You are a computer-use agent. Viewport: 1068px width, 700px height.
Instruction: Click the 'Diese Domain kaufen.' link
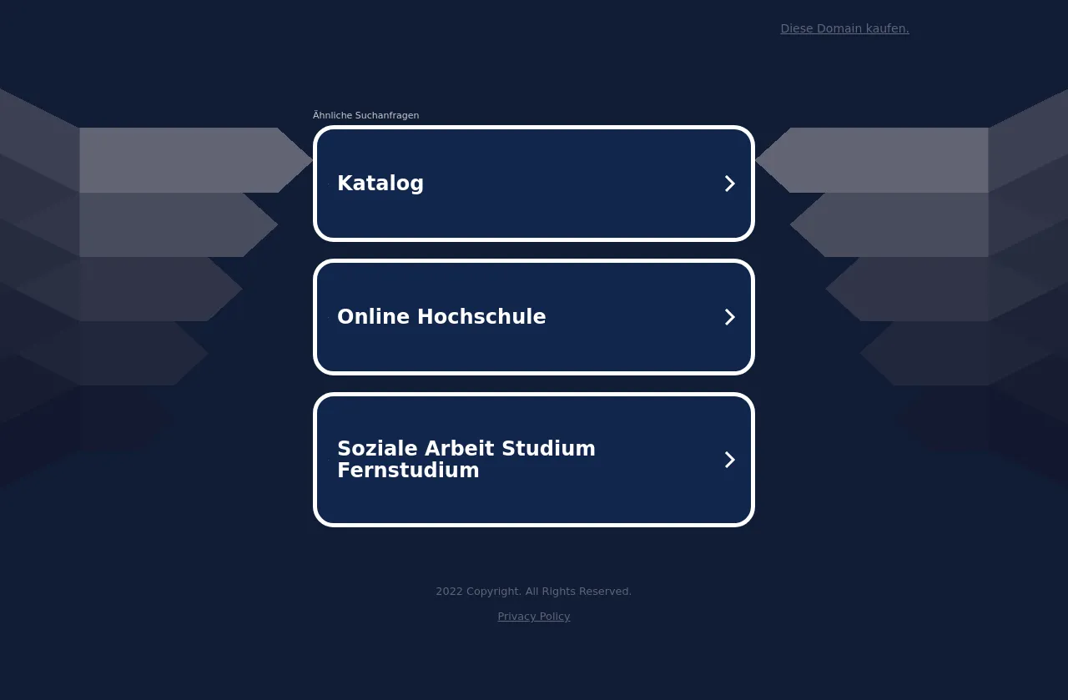(844, 28)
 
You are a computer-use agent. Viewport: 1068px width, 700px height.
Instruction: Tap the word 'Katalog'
(380, 183)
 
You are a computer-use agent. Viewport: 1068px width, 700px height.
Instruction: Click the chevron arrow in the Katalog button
(729, 184)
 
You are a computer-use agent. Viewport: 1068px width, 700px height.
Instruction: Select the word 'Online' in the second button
(373, 316)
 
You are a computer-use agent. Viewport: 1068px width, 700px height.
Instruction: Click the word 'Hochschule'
(481, 316)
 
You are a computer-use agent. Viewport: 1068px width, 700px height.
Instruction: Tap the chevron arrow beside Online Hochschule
(729, 317)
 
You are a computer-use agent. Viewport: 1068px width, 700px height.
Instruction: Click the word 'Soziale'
(377, 448)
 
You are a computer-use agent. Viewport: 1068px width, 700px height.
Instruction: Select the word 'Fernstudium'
(408, 471)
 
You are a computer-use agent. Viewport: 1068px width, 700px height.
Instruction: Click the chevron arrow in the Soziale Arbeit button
(729, 460)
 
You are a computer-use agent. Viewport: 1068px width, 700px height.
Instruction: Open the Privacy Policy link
(533, 617)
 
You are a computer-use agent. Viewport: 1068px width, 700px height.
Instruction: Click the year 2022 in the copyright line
(449, 592)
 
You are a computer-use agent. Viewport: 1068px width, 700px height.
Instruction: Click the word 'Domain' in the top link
(839, 28)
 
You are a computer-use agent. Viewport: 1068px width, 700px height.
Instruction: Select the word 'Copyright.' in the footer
(493, 592)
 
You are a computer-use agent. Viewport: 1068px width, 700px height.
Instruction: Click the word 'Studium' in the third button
(548, 448)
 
